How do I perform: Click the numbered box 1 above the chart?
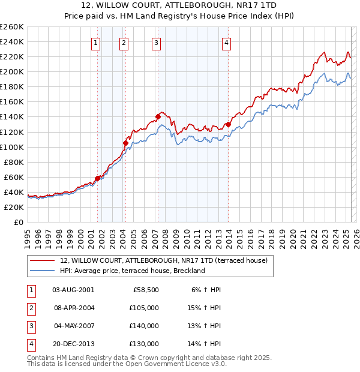pos(96,42)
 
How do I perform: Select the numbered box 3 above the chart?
pos(156,42)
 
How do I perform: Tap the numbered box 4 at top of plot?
pos(226,42)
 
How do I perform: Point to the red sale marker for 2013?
pos(228,124)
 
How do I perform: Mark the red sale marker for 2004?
pos(125,143)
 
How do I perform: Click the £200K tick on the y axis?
pos(11,71)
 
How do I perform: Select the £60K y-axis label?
pos(13,177)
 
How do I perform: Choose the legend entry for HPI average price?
pos(133,271)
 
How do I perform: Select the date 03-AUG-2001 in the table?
pos(73,290)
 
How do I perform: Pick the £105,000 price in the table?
pos(144,308)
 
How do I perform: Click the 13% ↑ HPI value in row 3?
pos(204,326)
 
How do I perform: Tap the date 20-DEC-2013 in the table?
pos(73,344)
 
